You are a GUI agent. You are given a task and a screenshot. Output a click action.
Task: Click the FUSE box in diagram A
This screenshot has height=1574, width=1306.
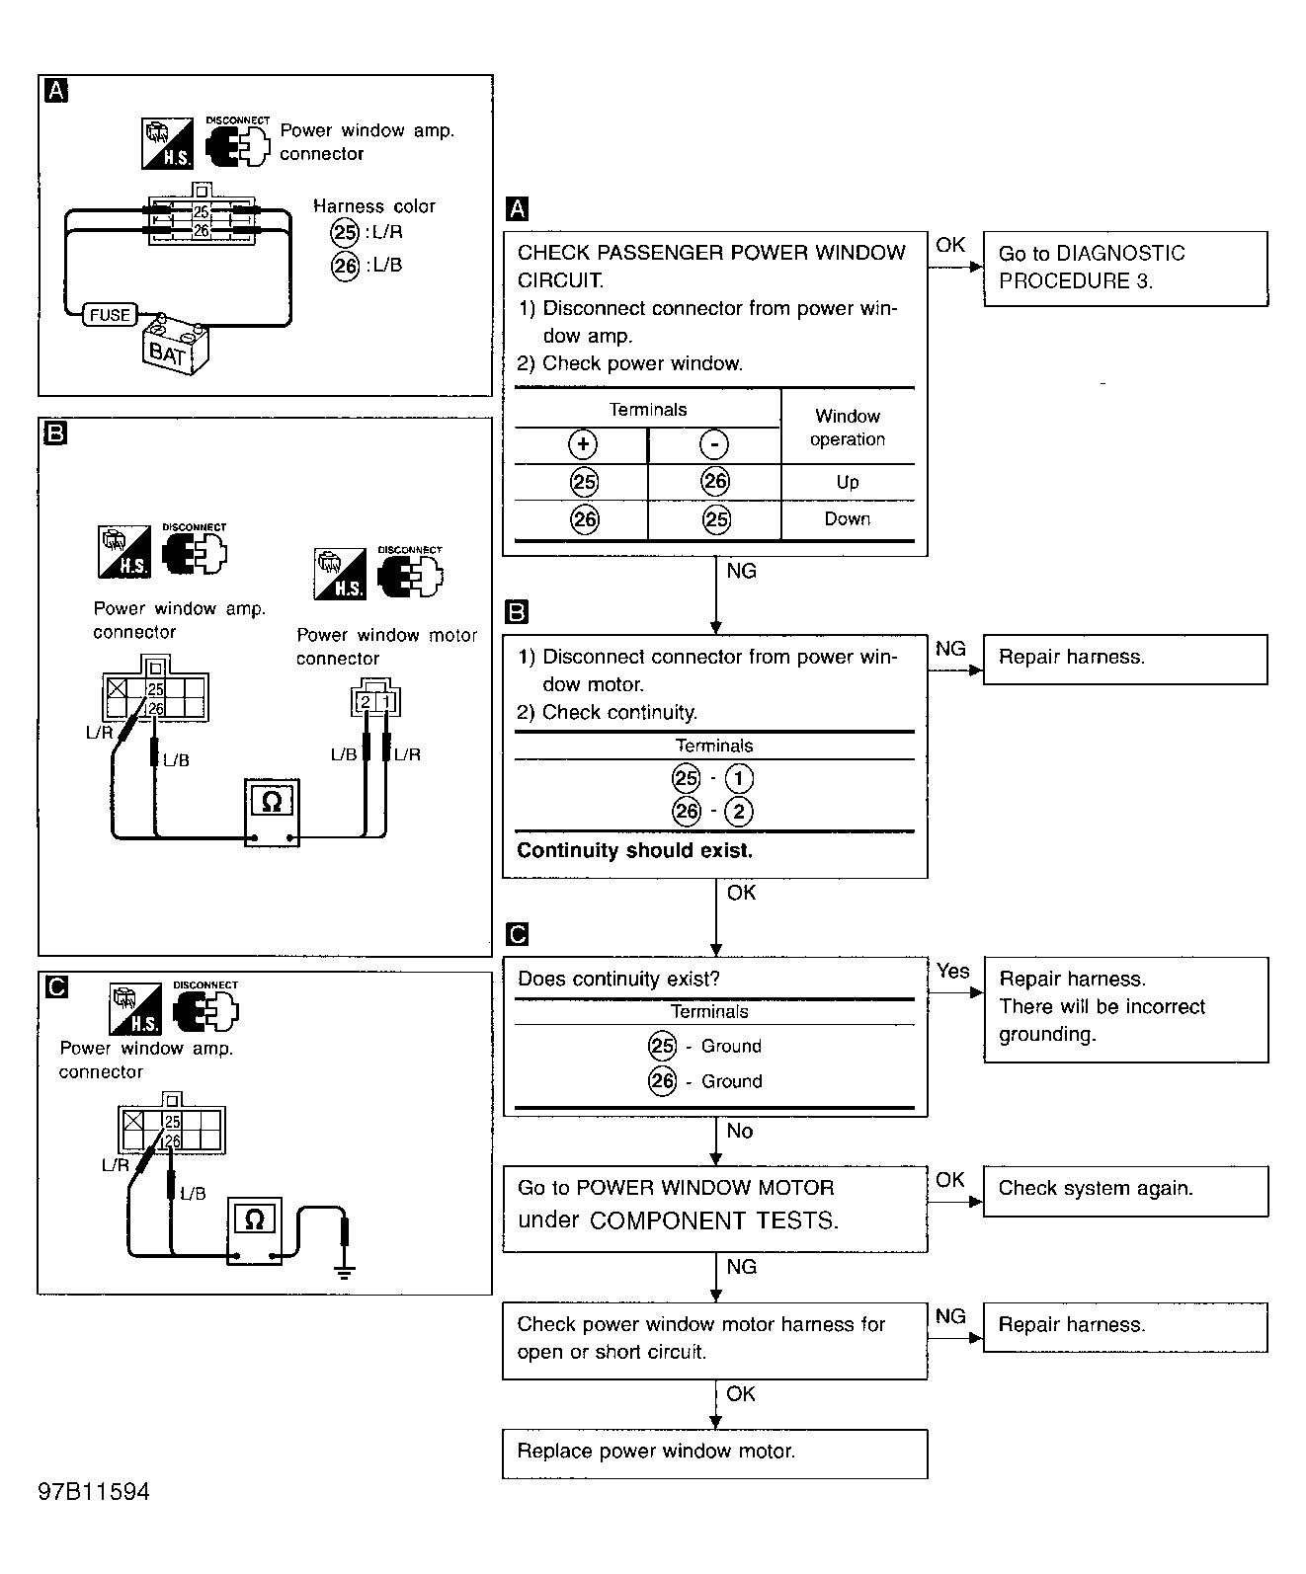click(x=110, y=314)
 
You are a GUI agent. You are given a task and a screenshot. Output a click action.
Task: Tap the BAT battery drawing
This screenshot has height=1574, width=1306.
click(x=175, y=346)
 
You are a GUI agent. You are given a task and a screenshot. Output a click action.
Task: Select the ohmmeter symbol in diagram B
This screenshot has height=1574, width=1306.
click(x=272, y=813)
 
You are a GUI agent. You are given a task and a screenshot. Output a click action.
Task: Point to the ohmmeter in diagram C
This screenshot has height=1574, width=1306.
click(x=255, y=1230)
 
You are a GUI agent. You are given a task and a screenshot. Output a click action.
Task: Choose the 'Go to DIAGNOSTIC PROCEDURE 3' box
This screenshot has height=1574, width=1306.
click(x=1126, y=269)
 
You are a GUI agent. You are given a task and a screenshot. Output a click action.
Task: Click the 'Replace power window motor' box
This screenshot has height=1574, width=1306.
click(x=715, y=1455)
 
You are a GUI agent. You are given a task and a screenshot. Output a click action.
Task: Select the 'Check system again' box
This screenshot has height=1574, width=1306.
click(x=1126, y=1191)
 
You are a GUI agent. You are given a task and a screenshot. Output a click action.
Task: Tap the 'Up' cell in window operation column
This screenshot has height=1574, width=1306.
click(x=848, y=483)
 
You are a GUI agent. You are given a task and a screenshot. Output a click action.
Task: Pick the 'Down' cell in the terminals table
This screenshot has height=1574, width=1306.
click(x=848, y=519)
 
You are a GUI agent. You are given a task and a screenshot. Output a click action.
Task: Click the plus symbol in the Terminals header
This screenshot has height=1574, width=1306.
click(x=583, y=444)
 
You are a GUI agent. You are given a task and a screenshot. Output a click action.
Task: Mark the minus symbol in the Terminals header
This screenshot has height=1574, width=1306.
click(x=714, y=444)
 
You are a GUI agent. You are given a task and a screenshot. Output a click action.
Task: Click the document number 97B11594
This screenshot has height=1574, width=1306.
click(x=94, y=1492)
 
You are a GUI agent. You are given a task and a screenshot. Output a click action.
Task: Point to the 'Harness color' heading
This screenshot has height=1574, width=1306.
click(x=374, y=205)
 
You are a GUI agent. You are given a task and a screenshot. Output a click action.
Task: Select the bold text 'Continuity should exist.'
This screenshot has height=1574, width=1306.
click(x=635, y=850)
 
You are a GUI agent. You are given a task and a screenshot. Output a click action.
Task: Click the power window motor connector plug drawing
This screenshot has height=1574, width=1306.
click(x=375, y=698)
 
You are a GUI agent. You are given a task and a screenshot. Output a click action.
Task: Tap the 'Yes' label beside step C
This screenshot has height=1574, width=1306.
click(x=953, y=971)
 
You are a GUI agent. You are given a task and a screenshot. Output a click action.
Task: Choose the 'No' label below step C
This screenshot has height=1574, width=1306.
click(x=740, y=1131)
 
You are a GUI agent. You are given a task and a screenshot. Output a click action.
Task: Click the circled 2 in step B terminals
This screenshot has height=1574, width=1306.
click(x=739, y=811)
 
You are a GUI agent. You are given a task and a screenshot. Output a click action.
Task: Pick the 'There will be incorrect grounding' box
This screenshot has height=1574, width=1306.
click(x=1126, y=1010)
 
